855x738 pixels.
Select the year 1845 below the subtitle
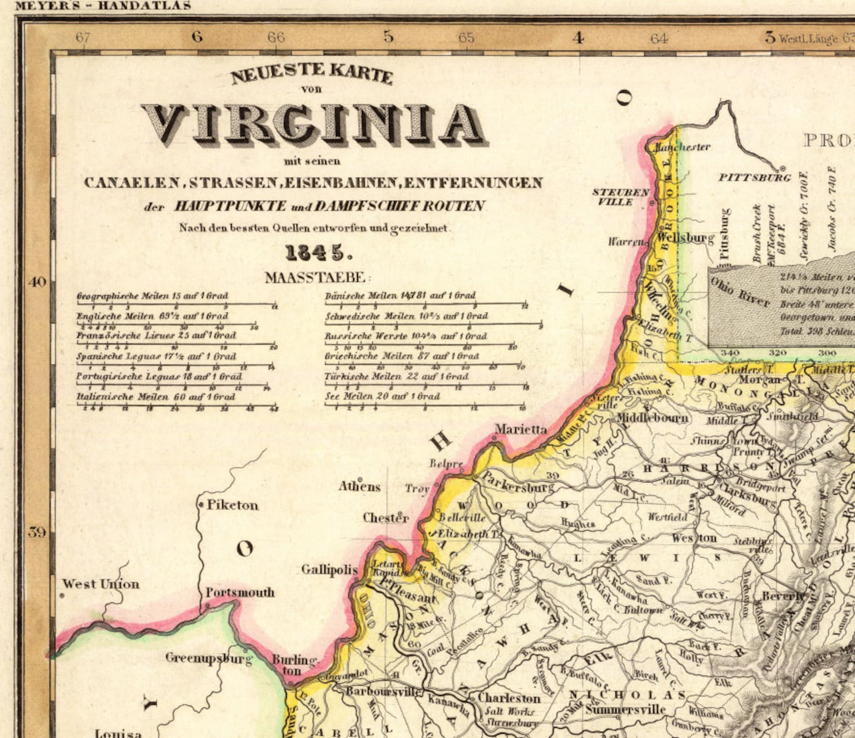[315, 252]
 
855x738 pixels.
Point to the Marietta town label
[521, 429]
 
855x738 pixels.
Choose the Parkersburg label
[517, 482]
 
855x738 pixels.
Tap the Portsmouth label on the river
[240, 592]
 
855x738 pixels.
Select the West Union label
[101, 584]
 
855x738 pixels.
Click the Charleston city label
[509, 698]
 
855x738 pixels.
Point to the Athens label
[359, 487]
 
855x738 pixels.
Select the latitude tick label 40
[37, 282]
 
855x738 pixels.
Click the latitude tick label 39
[37, 532]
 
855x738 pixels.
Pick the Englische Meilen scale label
[152, 316]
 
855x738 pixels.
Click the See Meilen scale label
[382, 396]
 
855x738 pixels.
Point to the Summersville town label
[625, 709]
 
